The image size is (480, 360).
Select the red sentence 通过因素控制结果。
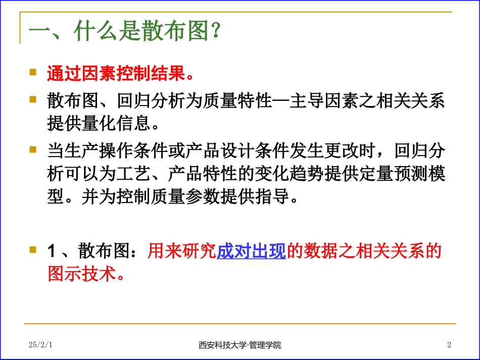pos(121,74)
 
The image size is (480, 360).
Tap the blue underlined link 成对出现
pos(251,251)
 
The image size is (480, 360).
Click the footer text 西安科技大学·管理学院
pos(240,345)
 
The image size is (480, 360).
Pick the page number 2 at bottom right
pos(449,345)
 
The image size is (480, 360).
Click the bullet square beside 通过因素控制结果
pos(33,72)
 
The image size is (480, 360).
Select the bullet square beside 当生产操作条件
pos(33,150)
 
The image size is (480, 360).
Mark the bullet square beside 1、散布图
pos(33,249)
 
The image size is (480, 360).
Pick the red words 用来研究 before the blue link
pos(182,251)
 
